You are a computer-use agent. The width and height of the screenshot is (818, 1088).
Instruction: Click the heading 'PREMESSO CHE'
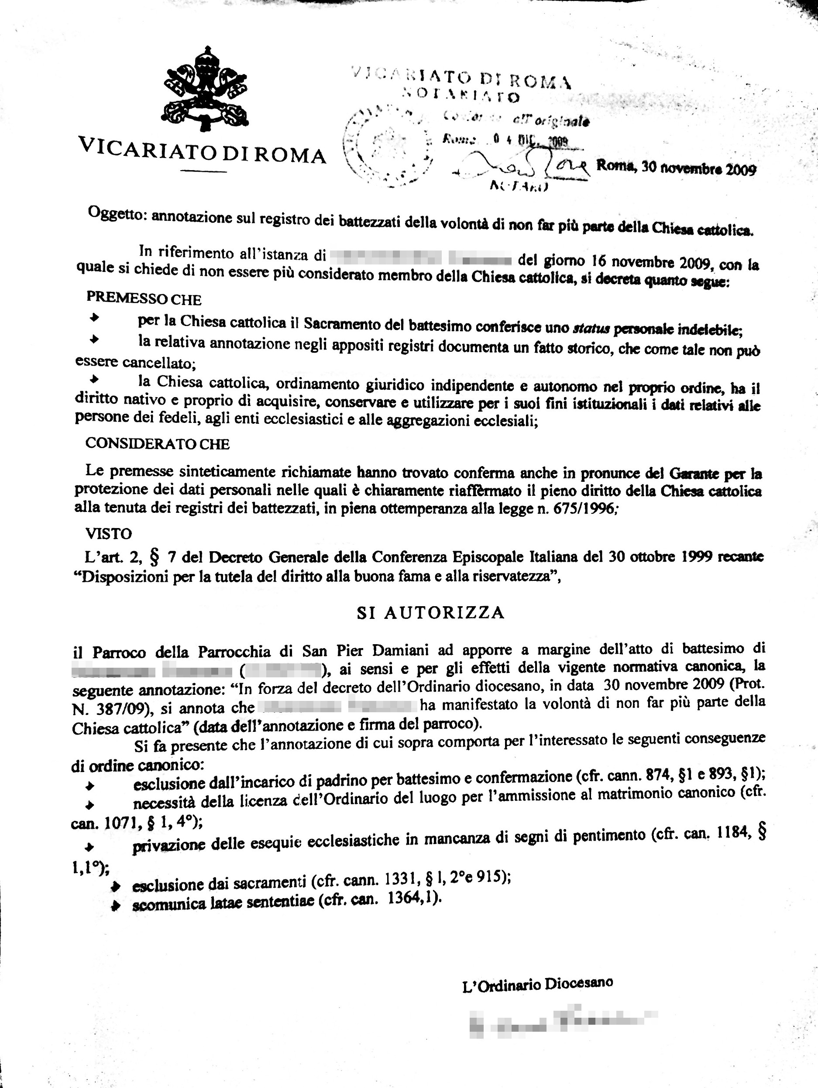144,299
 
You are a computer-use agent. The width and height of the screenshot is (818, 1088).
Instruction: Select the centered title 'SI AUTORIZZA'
430,612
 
